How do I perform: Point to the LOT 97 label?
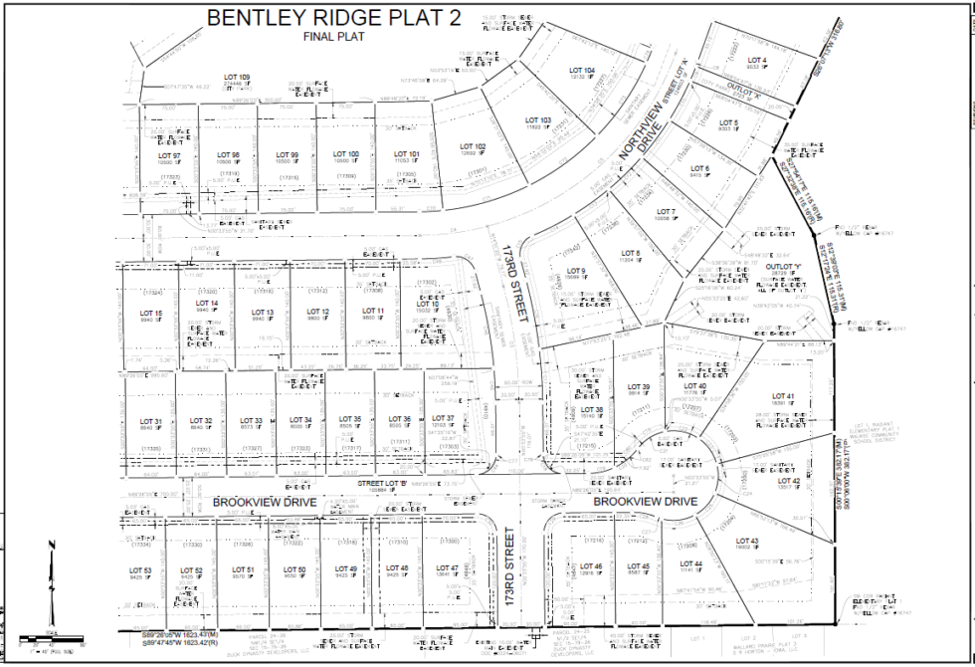point(170,156)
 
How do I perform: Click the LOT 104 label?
point(582,70)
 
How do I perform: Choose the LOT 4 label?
point(757,60)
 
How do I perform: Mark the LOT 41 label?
point(784,396)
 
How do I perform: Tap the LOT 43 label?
point(747,541)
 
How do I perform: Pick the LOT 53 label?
point(140,570)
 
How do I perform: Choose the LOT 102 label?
point(474,146)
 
